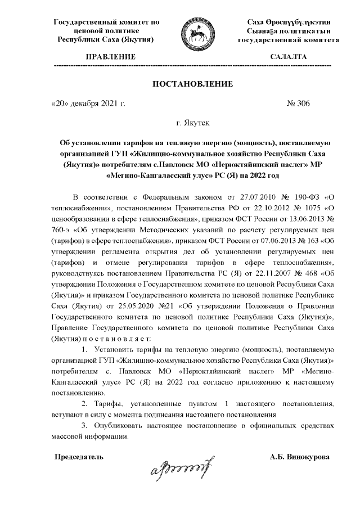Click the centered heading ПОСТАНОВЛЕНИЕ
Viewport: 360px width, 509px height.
pyautogui.click(x=193, y=84)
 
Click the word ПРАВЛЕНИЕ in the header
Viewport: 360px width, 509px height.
pyautogui.click(x=110, y=57)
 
